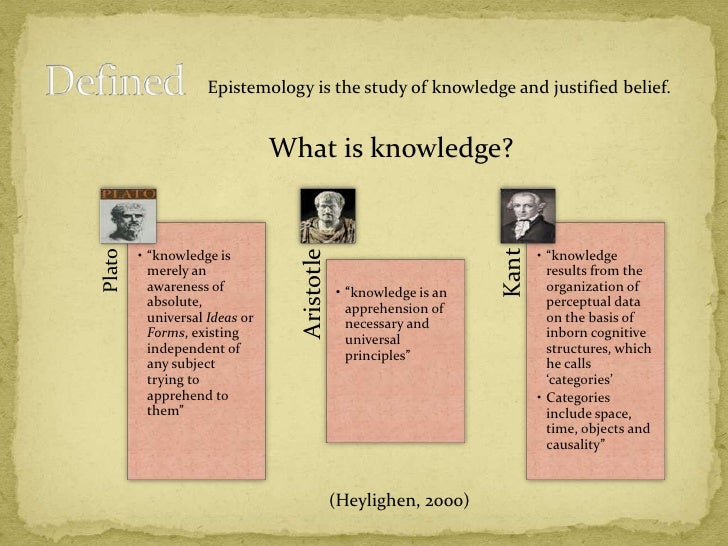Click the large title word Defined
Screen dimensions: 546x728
pos(115,81)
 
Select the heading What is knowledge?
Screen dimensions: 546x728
pos(391,149)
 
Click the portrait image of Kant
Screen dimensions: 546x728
pos(527,215)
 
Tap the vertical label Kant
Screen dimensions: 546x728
pos(513,272)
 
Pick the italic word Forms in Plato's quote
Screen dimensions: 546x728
pos(163,333)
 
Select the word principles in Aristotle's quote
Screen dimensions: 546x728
pos(376,356)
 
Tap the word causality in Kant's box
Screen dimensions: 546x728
pos(574,444)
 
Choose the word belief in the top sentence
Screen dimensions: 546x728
pos(643,88)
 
